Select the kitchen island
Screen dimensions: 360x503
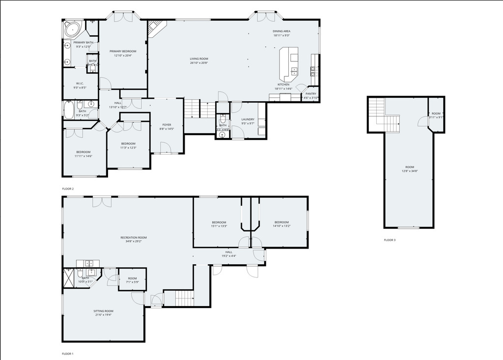coord(289,64)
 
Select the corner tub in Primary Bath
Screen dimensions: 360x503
coord(73,29)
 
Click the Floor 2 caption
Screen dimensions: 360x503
coord(68,189)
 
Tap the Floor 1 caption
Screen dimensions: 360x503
coord(68,354)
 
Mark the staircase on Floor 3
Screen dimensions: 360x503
coord(384,115)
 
